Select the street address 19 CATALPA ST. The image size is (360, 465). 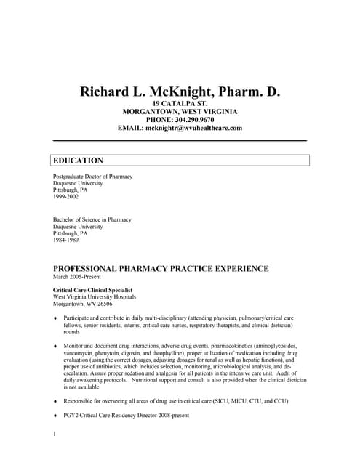(180, 104)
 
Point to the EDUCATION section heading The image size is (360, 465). (78, 161)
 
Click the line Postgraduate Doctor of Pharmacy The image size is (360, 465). (92, 177)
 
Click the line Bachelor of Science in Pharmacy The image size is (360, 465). (92, 219)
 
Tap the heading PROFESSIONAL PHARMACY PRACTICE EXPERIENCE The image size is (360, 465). (161, 268)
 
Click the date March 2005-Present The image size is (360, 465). (77, 277)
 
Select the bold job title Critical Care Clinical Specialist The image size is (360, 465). (92, 290)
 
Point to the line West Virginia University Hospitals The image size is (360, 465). (95, 296)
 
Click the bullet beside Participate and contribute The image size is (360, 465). (55, 318)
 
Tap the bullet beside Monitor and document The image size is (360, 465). (55, 347)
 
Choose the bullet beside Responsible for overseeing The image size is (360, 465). (55, 401)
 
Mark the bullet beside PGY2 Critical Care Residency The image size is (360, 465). (55, 416)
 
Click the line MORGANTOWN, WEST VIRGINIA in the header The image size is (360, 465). (180, 112)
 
